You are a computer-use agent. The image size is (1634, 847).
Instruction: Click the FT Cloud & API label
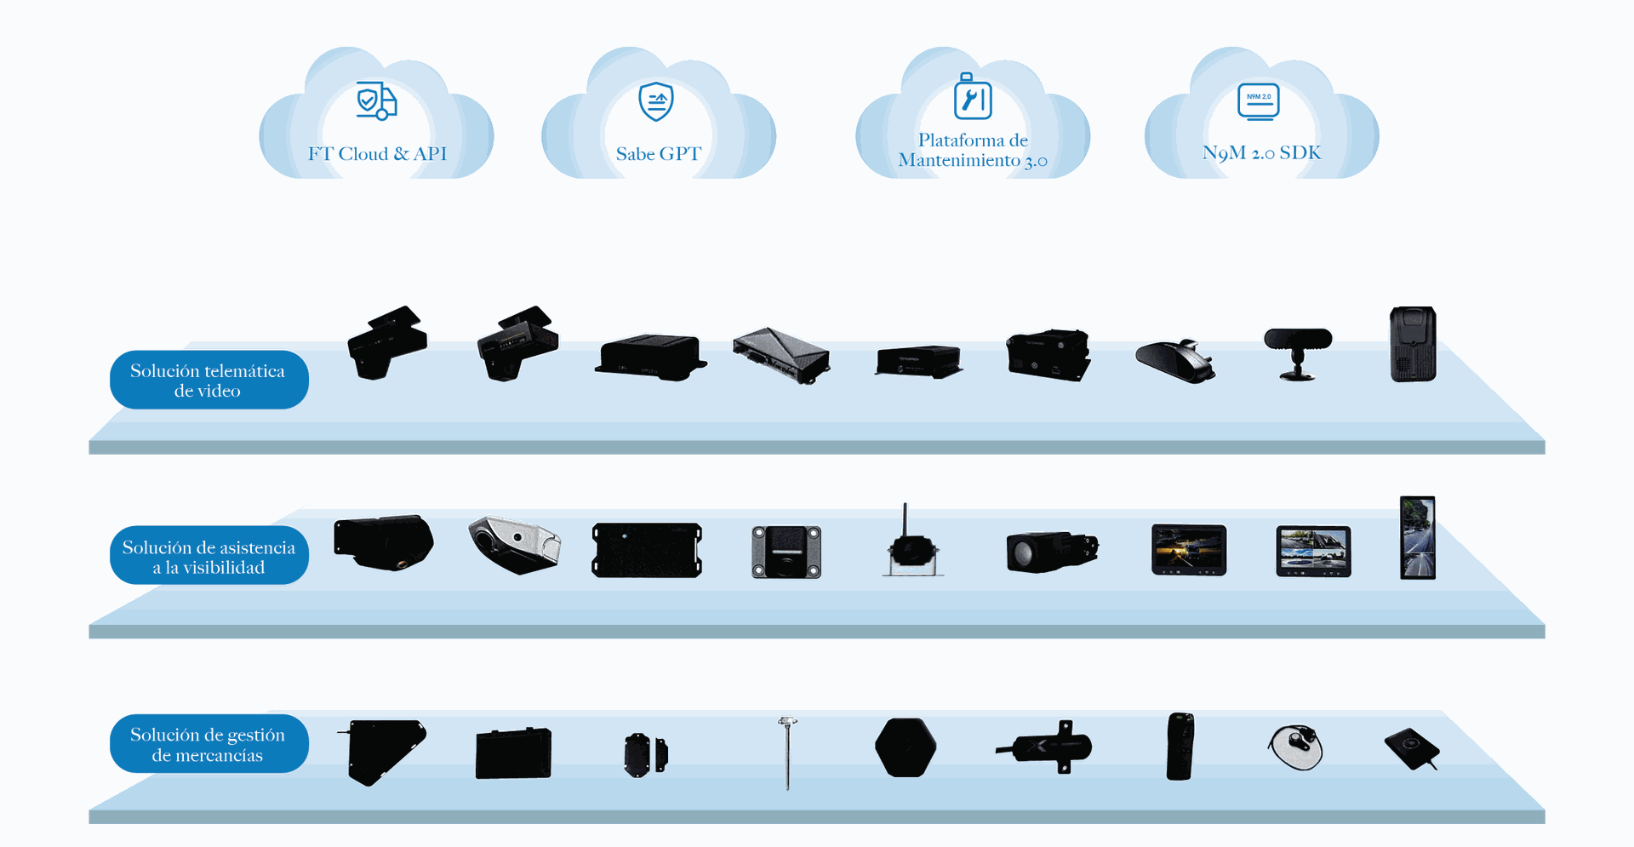[x=377, y=154]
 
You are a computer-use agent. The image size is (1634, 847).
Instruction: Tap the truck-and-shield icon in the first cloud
[x=376, y=101]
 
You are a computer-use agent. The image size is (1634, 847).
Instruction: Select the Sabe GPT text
[x=659, y=154]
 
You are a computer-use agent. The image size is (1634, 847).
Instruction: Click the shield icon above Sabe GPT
[x=656, y=102]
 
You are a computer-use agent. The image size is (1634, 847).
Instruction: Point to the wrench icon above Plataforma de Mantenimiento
[x=973, y=99]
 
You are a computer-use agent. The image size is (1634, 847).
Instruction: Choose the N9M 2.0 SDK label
[x=1261, y=153]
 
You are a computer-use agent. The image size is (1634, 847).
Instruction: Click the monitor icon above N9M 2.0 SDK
[x=1259, y=101]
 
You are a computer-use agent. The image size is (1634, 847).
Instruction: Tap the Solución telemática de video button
[x=209, y=381]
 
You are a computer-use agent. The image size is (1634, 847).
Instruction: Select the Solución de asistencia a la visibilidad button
[x=209, y=557]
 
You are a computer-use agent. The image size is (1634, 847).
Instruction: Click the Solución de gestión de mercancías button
[x=209, y=745]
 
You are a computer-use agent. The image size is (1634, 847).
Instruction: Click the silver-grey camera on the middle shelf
[x=514, y=544]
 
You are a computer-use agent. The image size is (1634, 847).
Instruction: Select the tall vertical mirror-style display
[x=1418, y=538]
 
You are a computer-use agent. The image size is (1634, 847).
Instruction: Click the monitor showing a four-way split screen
[x=1313, y=551]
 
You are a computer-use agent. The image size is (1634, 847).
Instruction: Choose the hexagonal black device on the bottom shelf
[x=906, y=747]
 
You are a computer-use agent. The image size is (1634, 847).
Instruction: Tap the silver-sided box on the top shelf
[x=780, y=354]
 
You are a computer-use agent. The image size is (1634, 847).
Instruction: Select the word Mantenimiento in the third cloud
[x=959, y=161]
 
